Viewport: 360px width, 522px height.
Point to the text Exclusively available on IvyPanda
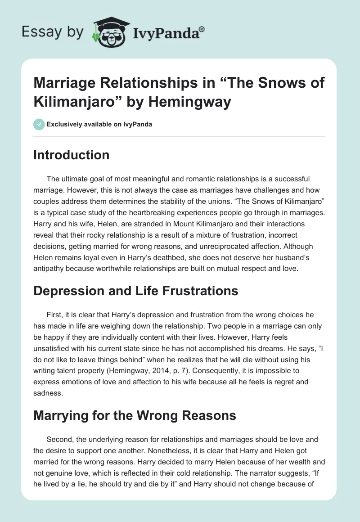point(99,124)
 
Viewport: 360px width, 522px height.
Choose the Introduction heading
point(72,155)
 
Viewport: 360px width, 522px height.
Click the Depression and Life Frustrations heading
point(136,291)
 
